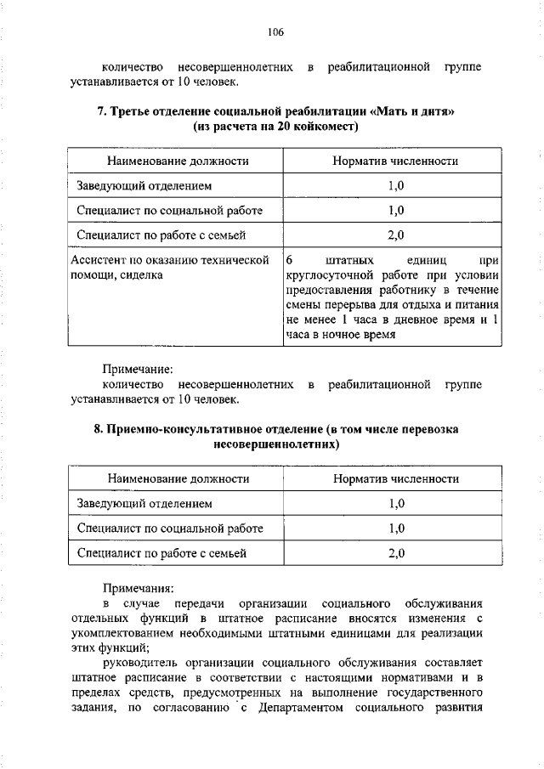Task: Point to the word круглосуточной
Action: pyautogui.click(x=327, y=274)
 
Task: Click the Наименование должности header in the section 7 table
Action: pyautogui.click(x=178, y=161)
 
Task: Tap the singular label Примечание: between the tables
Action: pyautogui.click(x=138, y=370)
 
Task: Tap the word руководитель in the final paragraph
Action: pyautogui.click(x=139, y=663)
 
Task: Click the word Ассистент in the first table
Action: pyautogui.click(x=99, y=259)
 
